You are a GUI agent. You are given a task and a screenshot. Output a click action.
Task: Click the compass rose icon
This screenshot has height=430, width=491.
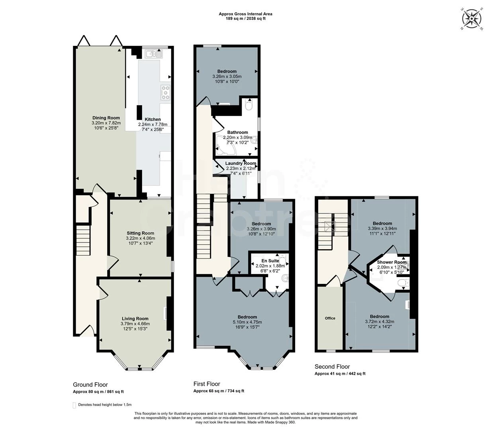(472, 18)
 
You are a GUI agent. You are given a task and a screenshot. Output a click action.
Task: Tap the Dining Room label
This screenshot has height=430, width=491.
(106, 118)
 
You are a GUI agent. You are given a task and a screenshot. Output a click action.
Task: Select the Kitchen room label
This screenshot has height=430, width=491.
(153, 119)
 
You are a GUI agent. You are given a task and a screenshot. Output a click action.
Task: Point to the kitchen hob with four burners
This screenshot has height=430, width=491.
(165, 92)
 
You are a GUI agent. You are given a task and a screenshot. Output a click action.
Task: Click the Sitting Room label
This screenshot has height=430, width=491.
(140, 233)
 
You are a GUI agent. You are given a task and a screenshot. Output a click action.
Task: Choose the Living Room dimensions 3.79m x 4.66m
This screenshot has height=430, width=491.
(135, 324)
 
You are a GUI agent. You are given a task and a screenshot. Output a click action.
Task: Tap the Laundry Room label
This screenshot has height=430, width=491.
(241, 163)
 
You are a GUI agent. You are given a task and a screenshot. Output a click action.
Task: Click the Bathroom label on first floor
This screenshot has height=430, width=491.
(237, 132)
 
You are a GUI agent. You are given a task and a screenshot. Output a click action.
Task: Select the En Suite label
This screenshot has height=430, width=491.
(267, 261)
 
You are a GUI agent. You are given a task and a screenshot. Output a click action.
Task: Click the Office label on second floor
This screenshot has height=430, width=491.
(330, 318)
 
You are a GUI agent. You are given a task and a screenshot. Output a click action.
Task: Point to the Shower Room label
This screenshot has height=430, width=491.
(391, 262)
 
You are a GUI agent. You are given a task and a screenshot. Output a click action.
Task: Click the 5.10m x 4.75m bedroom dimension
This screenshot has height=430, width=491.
(247, 322)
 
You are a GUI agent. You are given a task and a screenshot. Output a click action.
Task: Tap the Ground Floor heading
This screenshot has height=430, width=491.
(90, 385)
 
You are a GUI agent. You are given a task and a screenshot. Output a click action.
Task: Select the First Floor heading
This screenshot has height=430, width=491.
(207, 384)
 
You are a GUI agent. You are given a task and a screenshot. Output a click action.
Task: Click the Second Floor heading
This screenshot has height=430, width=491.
(332, 367)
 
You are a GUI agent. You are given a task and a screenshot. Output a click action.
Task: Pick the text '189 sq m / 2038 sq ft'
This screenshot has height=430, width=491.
(245, 19)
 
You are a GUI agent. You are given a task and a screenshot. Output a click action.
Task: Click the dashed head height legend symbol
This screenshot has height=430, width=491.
(74, 405)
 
